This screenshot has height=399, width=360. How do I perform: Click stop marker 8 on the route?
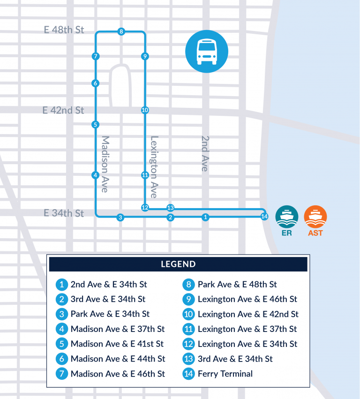[x=121, y=32]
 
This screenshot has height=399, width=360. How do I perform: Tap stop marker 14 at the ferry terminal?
[x=264, y=216]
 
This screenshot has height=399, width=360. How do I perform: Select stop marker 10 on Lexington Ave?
[x=145, y=110]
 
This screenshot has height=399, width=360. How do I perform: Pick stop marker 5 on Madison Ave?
[x=95, y=125]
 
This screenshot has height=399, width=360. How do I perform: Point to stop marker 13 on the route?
[x=171, y=208]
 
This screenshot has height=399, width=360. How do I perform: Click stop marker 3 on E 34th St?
[x=120, y=217]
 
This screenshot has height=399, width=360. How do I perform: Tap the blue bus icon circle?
[x=207, y=51]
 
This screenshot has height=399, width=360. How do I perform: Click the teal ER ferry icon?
[x=287, y=216]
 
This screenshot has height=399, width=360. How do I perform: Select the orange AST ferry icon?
[x=315, y=216]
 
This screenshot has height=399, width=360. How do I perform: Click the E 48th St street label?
[x=64, y=30]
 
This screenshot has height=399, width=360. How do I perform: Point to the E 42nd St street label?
[x=63, y=111]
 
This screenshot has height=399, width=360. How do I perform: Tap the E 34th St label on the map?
[x=64, y=213]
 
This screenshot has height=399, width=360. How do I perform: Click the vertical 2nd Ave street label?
[x=204, y=153]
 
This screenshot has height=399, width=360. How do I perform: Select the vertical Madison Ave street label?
[x=105, y=164]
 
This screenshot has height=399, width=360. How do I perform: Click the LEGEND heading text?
[x=178, y=264]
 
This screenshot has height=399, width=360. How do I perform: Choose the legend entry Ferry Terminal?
[x=225, y=374]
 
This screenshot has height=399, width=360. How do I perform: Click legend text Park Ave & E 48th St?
[x=237, y=284]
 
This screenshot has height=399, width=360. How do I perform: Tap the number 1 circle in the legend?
[x=61, y=284]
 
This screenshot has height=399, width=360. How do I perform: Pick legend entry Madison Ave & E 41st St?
[x=117, y=344]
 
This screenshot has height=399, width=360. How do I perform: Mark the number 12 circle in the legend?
[x=188, y=344]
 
